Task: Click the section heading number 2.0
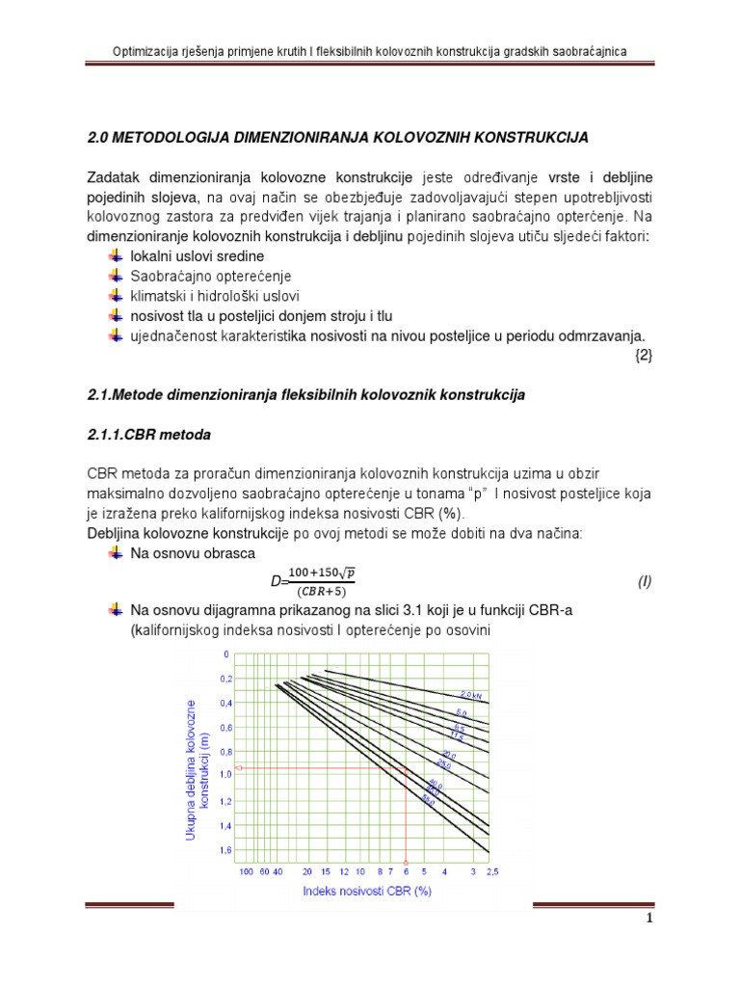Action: [x=98, y=139]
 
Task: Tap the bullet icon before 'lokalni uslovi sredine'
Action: [x=117, y=255]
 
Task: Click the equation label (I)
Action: [x=645, y=582]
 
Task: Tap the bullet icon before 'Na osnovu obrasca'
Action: [x=117, y=554]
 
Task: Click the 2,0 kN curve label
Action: [x=469, y=694]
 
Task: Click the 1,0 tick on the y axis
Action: [x=225, y=774]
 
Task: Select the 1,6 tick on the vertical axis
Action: [x=225, y=850]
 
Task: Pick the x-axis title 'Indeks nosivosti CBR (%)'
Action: [x=367, y=891]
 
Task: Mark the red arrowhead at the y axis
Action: [x=239, y=768]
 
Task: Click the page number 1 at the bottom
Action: [x=649, y=946]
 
